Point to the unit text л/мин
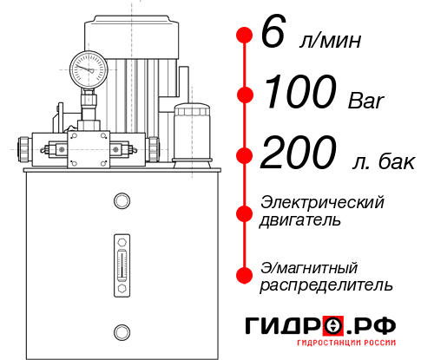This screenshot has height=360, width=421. [x=327, y=41]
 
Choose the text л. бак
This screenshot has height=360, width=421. [x=379, y=160]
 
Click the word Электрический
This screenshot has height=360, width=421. [x=322, y=202]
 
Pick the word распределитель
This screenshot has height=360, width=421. [x=326, y=285]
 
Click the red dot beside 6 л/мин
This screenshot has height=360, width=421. [x=245, y=36]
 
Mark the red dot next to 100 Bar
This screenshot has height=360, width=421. [x=245, y=95]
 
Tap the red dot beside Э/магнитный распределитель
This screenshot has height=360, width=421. [x=245, y=275]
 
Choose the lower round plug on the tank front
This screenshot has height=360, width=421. [x=122, y=331]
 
